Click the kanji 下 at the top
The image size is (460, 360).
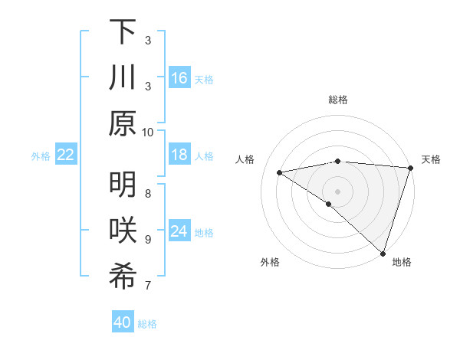[x=123, y=33]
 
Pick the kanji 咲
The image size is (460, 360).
[x=123, y=231]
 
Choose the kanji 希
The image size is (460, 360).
[x=123, y=277]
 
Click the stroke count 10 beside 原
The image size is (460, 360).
[x=148, y=132]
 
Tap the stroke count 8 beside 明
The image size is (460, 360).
[x=148, y=193]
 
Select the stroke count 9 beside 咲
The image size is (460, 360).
[x=148, y=239]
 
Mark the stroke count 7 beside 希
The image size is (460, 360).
[x=148, y=286]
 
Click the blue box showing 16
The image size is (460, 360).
[x=179, y=77]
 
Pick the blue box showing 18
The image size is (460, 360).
[x=179, y=155]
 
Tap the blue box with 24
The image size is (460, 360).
[x=179, y=231]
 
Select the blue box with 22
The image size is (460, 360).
[x=66, y=155]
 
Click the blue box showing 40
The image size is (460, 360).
[x=123, y=322]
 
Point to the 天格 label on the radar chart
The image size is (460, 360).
[x=431, y=159]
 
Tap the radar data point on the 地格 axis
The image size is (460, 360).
[x=383, y=253]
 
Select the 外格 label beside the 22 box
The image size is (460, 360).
[x=41, y=155]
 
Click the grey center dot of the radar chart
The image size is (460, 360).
[x=337, y=190]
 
